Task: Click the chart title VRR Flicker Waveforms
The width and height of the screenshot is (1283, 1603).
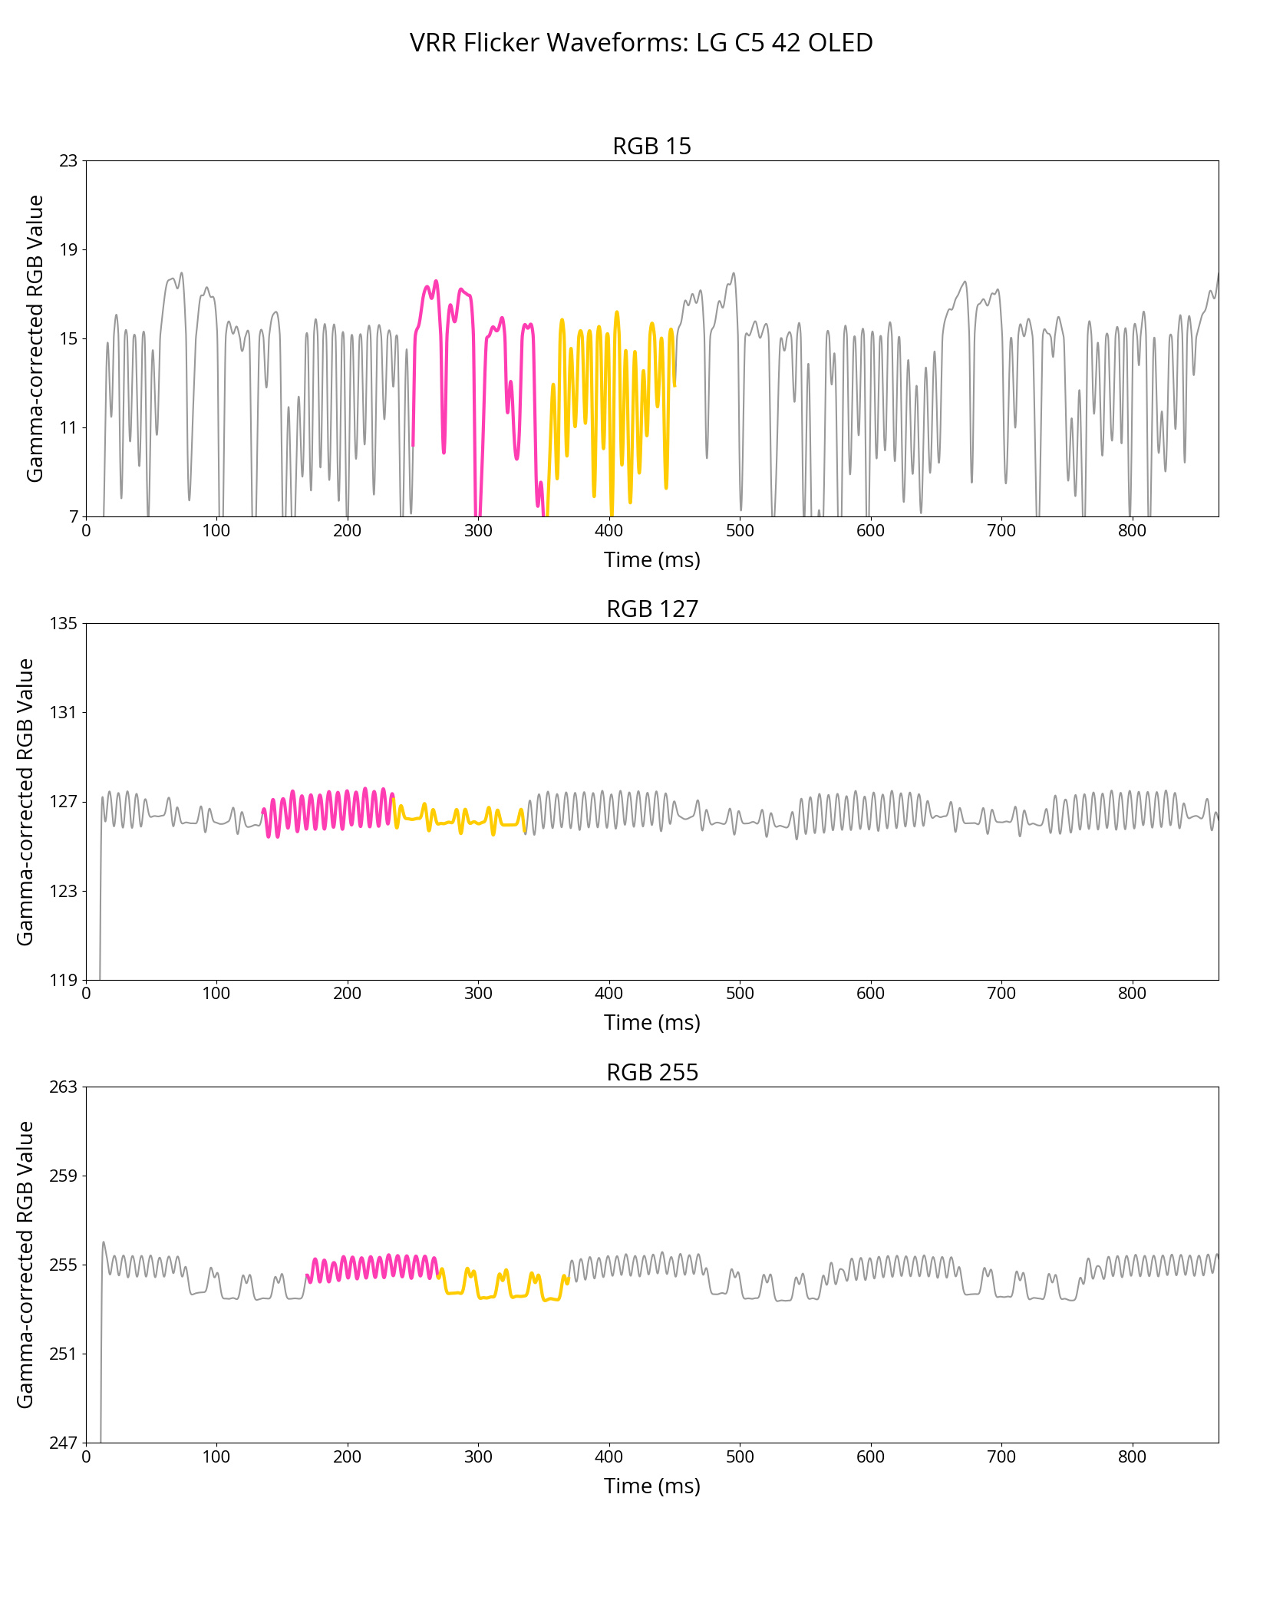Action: click(x=641, y=43)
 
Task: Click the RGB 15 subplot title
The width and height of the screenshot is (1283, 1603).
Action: click(x=651, y=146)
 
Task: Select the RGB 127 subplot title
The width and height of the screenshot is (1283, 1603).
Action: click(x=651, y=609)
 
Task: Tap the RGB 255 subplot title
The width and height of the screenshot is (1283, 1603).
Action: click(x=651, y=1072)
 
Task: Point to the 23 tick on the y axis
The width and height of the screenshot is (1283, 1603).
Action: click(x=69, y=160)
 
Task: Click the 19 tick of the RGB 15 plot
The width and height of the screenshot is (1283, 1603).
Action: click(x=69, y=249)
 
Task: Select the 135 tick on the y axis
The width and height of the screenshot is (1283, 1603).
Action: click(x=64, y=623)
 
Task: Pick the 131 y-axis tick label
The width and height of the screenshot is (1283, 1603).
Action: click(x=64, y=712)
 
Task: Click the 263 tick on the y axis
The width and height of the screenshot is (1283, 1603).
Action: click(x=64, y=1087)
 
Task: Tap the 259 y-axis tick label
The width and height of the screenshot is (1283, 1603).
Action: click(x=64, y=1176)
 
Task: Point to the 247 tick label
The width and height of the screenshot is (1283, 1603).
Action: click(x=64, y=1443)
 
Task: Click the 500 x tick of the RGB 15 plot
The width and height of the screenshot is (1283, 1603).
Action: click(x=740, y=530)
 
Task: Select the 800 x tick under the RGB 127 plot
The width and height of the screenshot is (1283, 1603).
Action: click(x=1132, y=993)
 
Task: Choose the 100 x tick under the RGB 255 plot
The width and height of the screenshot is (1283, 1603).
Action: click(x=216, y=1456)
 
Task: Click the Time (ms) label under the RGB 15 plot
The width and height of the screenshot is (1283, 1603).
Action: click(x=651, y=560)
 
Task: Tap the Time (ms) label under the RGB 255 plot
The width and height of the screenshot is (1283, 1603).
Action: click(x=651, y=1486)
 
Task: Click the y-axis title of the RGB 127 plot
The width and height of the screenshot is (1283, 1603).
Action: click(x=25, y=801)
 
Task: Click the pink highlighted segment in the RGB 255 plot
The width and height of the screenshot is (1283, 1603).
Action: click(x=372, y=1266)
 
